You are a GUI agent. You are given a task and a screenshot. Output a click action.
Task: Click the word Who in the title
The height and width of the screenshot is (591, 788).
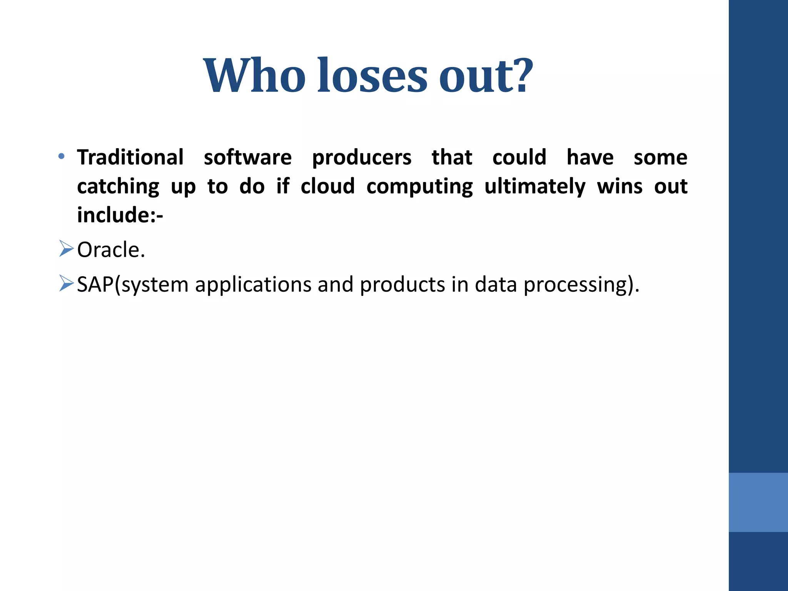pos(254,75)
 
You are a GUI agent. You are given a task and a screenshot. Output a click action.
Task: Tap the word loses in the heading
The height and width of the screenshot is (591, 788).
pos(372,75)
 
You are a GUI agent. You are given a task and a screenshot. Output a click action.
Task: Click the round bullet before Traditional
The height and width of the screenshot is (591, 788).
pos(62,156)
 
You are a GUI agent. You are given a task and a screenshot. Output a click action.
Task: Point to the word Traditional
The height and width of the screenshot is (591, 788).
pos(130,157)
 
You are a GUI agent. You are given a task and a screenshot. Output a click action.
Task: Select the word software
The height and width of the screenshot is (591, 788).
pos(247,157)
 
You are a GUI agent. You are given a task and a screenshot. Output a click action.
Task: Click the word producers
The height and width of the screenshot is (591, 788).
pos(362,158)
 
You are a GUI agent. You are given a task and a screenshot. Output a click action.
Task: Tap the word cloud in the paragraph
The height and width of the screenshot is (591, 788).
pos(327,186)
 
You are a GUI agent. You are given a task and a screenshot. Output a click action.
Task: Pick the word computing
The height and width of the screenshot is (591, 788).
pos(419,187)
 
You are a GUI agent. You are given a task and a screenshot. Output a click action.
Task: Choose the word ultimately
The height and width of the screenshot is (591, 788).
pos(535,187)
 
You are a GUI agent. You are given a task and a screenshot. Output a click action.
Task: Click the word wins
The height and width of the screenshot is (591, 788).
pos(619,186)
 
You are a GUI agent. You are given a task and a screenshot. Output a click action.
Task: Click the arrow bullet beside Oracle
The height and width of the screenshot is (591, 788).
pos(66,249)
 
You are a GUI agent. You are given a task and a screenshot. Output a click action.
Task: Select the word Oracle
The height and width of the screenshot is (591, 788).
pos(111,250)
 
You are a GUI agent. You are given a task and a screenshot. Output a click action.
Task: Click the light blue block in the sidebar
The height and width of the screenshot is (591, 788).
pos(758,502)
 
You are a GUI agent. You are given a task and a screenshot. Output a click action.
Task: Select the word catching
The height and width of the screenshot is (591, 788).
pos(118,187)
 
